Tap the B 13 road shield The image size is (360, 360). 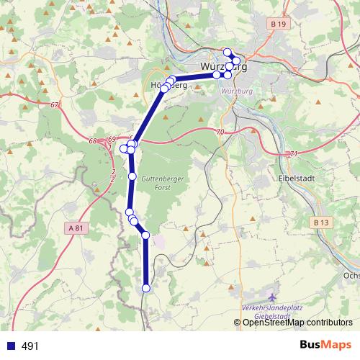[323, 223]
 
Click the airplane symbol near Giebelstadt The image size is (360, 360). [271, 297]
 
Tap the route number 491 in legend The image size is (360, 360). [30, 346]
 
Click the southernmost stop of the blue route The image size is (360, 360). [146, 288]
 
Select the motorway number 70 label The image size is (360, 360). [220, 132]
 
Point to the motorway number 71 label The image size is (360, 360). [292, 154]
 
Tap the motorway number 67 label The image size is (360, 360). [55, 105]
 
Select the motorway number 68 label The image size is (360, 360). [93, 141]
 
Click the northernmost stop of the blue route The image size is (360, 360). [228, 52]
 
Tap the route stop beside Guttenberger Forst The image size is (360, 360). [132, 176]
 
